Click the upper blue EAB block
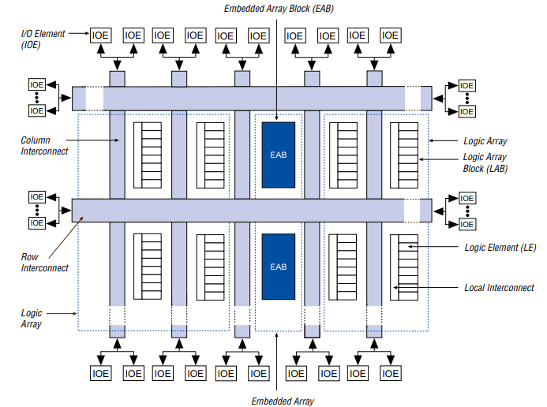click(x=278, y=155)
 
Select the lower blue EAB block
click(x=278, y=267)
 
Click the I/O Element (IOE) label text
click(x=38, y=39)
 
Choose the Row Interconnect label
click(x=44, y=263)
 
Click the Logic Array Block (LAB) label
click(x=485, y=162)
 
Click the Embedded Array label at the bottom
click(x=283, y=401)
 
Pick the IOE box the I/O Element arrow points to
click(x=100, y=35)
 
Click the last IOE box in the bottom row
click(x=390, y=372)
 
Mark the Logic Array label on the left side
click(x=31, y=319)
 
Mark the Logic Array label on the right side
click(x=484, y=141)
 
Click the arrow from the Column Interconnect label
click(x=95, y=141)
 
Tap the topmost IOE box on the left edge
click(x=37, y=84)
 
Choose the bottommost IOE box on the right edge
click(x=466, y=224)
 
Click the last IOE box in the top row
click(x=390, y=35)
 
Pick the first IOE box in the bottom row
click(x=100, y=372)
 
